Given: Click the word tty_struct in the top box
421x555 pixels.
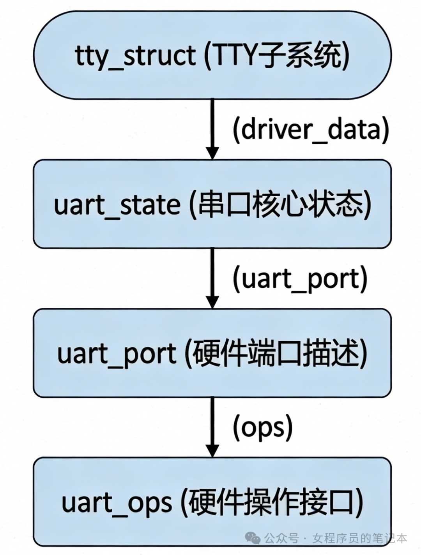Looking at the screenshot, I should pyautogui.click(x=135, y=56).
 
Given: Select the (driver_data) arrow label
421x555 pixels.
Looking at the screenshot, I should pyautogui.click(x=311, y=130).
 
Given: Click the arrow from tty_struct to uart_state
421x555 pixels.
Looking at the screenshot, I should pyautogui.click(x=212, y=125).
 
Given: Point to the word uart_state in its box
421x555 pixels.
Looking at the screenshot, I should pyautogui.click(x=117, y=205).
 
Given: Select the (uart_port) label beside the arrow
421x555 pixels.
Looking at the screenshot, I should pyautogui.click(x=300, y=279).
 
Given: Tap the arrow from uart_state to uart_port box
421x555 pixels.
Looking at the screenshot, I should pyautogui.click(x=212, y=275).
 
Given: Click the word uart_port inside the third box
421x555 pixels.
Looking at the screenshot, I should pyautogui.click(x=117, y=354).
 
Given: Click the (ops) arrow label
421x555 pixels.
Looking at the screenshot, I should pyautogui.click(x=262, y=428).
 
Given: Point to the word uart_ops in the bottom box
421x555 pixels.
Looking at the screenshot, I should pyautogui.click(x=117, y=502).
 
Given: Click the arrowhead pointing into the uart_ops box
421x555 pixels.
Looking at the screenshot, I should pyautogui.click(x=212, y=451).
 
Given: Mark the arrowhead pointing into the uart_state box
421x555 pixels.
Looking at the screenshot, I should pyautogui.click(x=212, y=153).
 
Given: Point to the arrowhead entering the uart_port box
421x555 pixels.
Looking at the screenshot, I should pyautogui.click(x=212, y=302).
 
